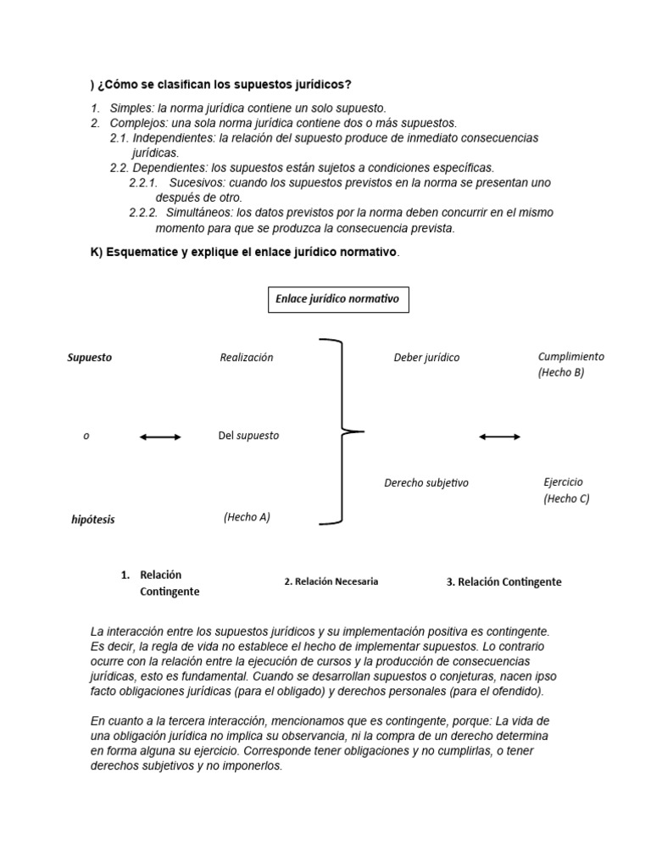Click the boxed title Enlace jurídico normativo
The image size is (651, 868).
tap(337, 299)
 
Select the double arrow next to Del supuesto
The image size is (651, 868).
tap(160, 437)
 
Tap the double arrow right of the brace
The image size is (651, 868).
tap(499, 437)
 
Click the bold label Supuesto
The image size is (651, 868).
tap(89, 358)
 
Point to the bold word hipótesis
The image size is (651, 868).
tap(92, 520)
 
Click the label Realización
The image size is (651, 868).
tap(246, 358)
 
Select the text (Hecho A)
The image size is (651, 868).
tap(247, 517)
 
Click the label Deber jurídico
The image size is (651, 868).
tap(426, 358)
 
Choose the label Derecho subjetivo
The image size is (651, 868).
tap(426, 483)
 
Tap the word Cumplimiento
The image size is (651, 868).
tap(571, 357)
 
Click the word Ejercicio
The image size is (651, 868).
tap(563, 481)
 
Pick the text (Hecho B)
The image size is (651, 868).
tap(560, 373)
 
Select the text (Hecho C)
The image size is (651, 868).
tap(566, 498)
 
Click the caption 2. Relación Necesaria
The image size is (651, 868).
tap(331, 581)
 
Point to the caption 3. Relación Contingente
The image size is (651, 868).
tap(504, 582)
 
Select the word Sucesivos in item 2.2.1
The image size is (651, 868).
tap(197, 182)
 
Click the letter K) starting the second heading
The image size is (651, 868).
tap(96, 253)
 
